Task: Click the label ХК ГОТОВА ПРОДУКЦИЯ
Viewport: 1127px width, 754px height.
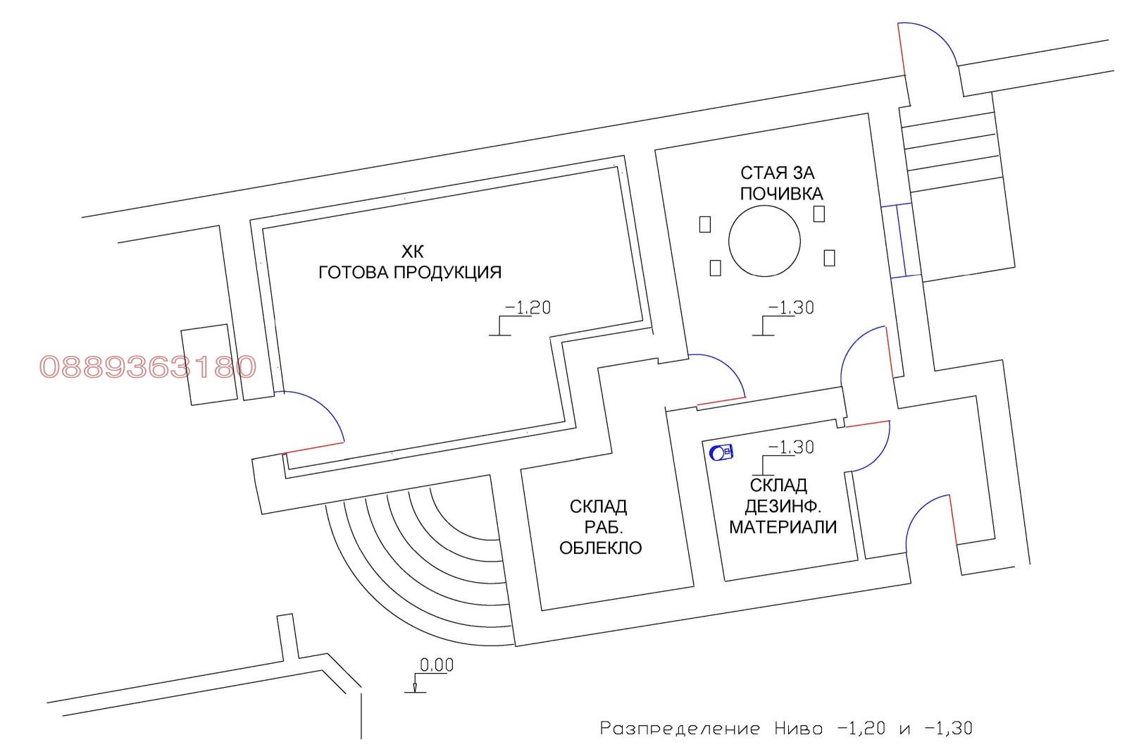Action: [410, 262]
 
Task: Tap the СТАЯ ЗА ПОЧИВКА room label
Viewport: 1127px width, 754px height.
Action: [781, 183]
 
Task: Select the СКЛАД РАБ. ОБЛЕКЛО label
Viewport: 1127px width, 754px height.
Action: [600, 527]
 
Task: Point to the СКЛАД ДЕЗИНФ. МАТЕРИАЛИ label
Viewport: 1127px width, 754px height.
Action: [783, 507]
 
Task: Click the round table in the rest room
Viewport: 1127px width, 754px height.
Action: [764, 240]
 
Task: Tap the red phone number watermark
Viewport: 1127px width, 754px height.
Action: [148, 366]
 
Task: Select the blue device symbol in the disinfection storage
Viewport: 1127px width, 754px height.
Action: [721, 452]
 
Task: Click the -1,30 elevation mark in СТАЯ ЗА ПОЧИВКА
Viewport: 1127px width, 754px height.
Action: [783, 318]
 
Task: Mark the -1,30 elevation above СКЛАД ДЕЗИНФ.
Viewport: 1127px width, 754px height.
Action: [783, 457]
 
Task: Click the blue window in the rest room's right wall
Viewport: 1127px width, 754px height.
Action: [902, 240]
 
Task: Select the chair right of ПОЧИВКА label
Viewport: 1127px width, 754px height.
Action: [819, 214]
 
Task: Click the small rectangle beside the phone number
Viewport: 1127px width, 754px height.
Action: [208, 364]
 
